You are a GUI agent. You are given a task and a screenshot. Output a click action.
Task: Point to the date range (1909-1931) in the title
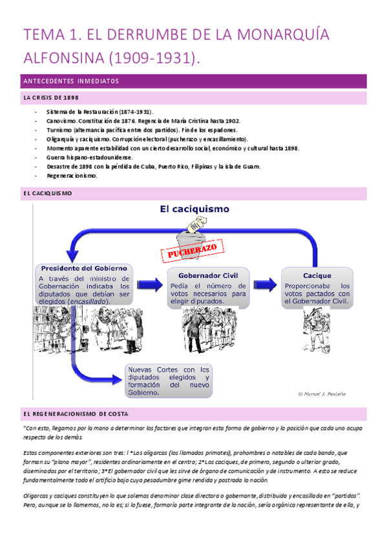pos(161,59)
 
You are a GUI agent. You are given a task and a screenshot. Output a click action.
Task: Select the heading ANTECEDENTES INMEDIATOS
pos(70,81)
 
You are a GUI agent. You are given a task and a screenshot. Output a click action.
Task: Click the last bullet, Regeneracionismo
pos(72,176)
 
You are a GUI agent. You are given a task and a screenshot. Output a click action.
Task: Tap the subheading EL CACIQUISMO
pos(47,193)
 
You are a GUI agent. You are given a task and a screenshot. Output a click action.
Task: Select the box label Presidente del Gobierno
pos(83,268)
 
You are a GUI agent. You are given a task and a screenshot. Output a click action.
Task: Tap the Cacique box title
pos(317,275)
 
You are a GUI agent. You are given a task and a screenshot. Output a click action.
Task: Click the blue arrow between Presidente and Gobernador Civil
pos(148,285)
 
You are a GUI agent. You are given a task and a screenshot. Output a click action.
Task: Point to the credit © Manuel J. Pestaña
pos(321,393)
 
